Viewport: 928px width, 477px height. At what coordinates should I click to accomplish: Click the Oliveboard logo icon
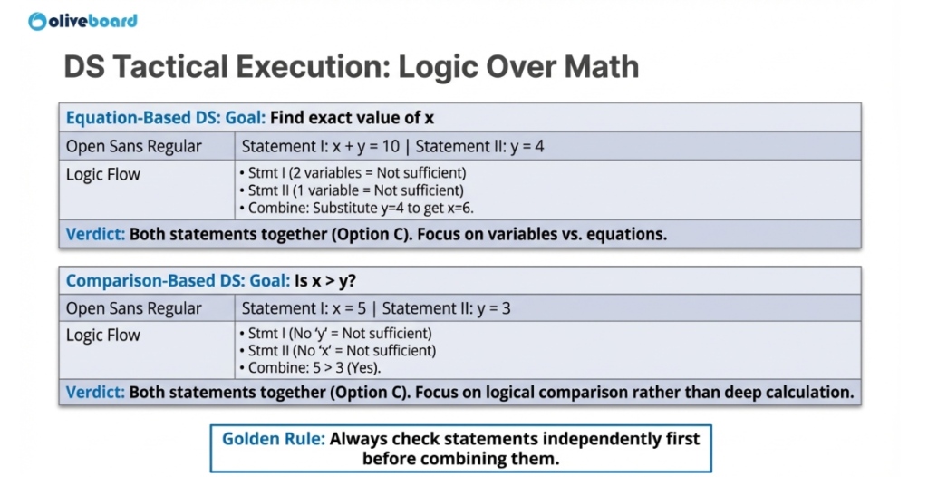pos(37,21)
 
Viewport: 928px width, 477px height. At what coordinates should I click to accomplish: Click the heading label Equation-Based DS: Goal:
pos(166,118)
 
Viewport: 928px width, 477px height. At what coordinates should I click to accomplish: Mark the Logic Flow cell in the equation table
pos(103,174)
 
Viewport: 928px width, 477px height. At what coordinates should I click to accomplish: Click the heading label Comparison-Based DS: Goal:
pos(178,280)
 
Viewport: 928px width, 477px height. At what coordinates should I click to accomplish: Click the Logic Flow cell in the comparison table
pos(103,336)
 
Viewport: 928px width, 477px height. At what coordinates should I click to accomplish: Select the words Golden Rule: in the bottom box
pos(273,439)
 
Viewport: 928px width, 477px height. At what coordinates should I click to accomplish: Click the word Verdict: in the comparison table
pos(96,393)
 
